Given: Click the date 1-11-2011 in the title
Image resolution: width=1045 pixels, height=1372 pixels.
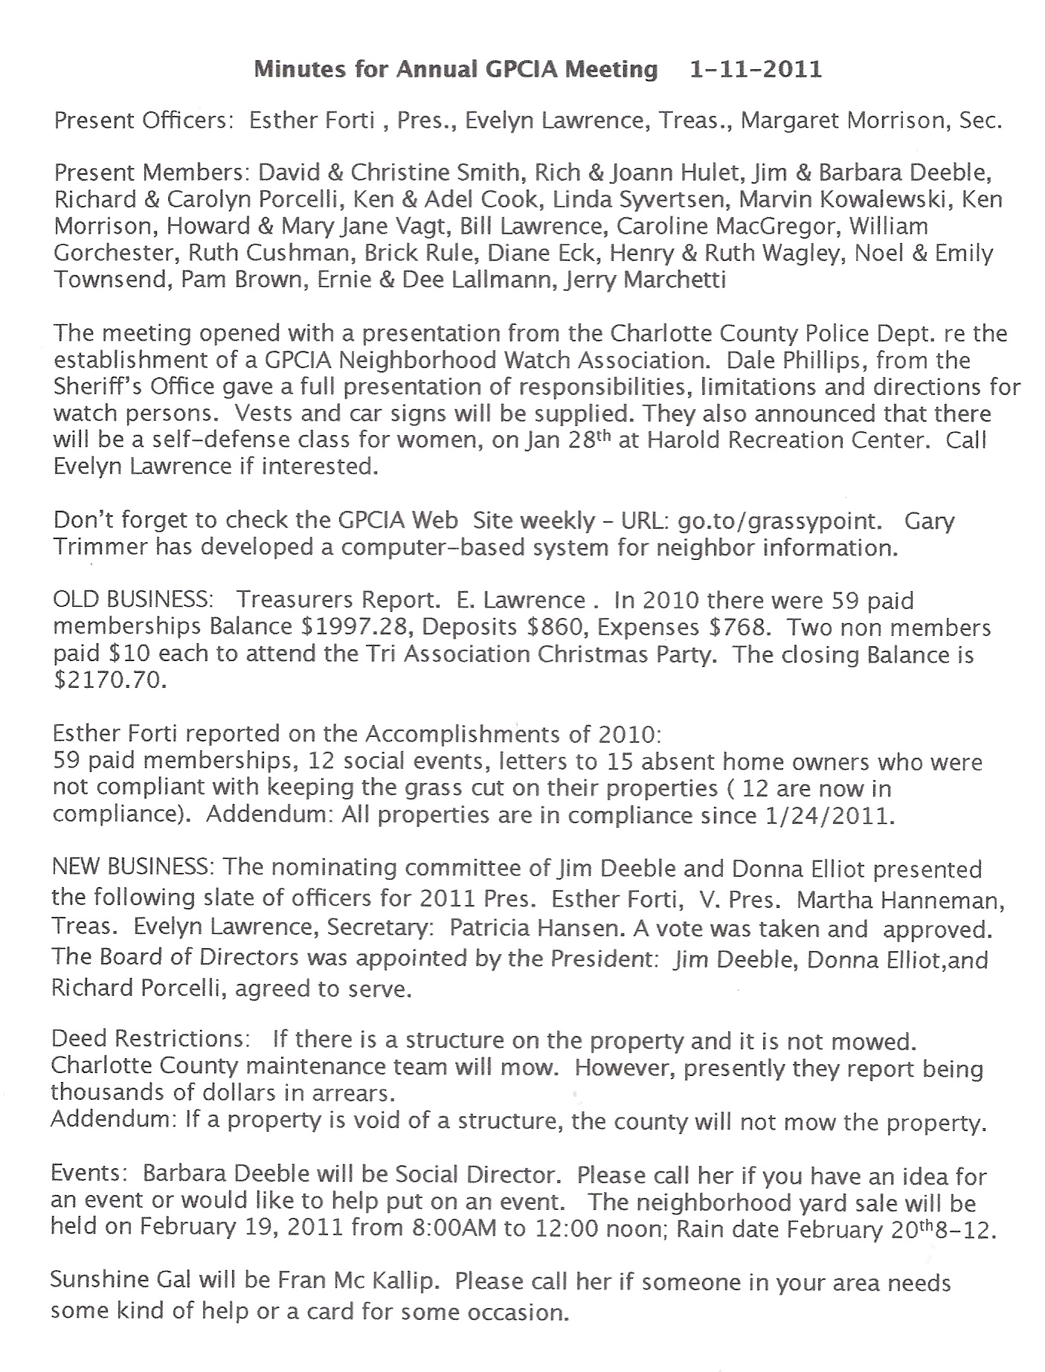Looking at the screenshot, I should pos(756,69).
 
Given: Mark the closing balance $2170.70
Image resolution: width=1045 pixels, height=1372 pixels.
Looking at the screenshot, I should pos(109,680).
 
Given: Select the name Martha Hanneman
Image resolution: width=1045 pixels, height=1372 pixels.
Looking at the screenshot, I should pos(900,901).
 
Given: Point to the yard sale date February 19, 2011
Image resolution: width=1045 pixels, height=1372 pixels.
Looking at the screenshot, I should pos(242,1226).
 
